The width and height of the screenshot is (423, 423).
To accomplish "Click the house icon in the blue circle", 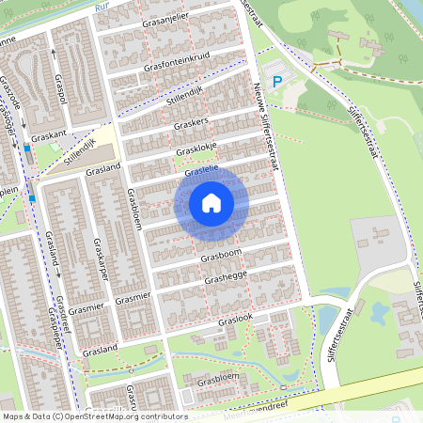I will [211, 202].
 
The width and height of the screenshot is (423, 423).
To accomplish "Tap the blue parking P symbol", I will [276, 83].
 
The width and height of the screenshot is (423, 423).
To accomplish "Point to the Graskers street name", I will [189, 124].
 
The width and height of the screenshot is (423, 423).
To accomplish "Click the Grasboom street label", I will [220, 255].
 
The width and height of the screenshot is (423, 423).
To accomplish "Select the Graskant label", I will [47, 135].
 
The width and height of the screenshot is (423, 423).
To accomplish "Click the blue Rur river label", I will [102, 7].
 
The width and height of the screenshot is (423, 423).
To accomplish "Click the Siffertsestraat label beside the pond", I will [337, 337].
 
